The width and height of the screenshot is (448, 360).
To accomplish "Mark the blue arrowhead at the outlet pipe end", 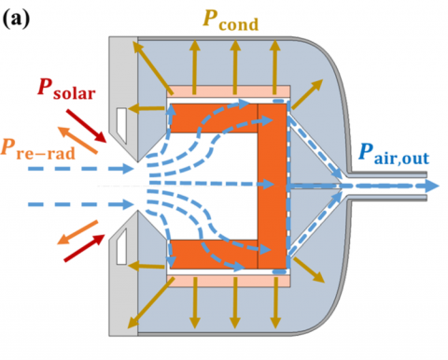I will point(430,186).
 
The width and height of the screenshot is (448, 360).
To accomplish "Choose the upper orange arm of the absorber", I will point(210,117).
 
